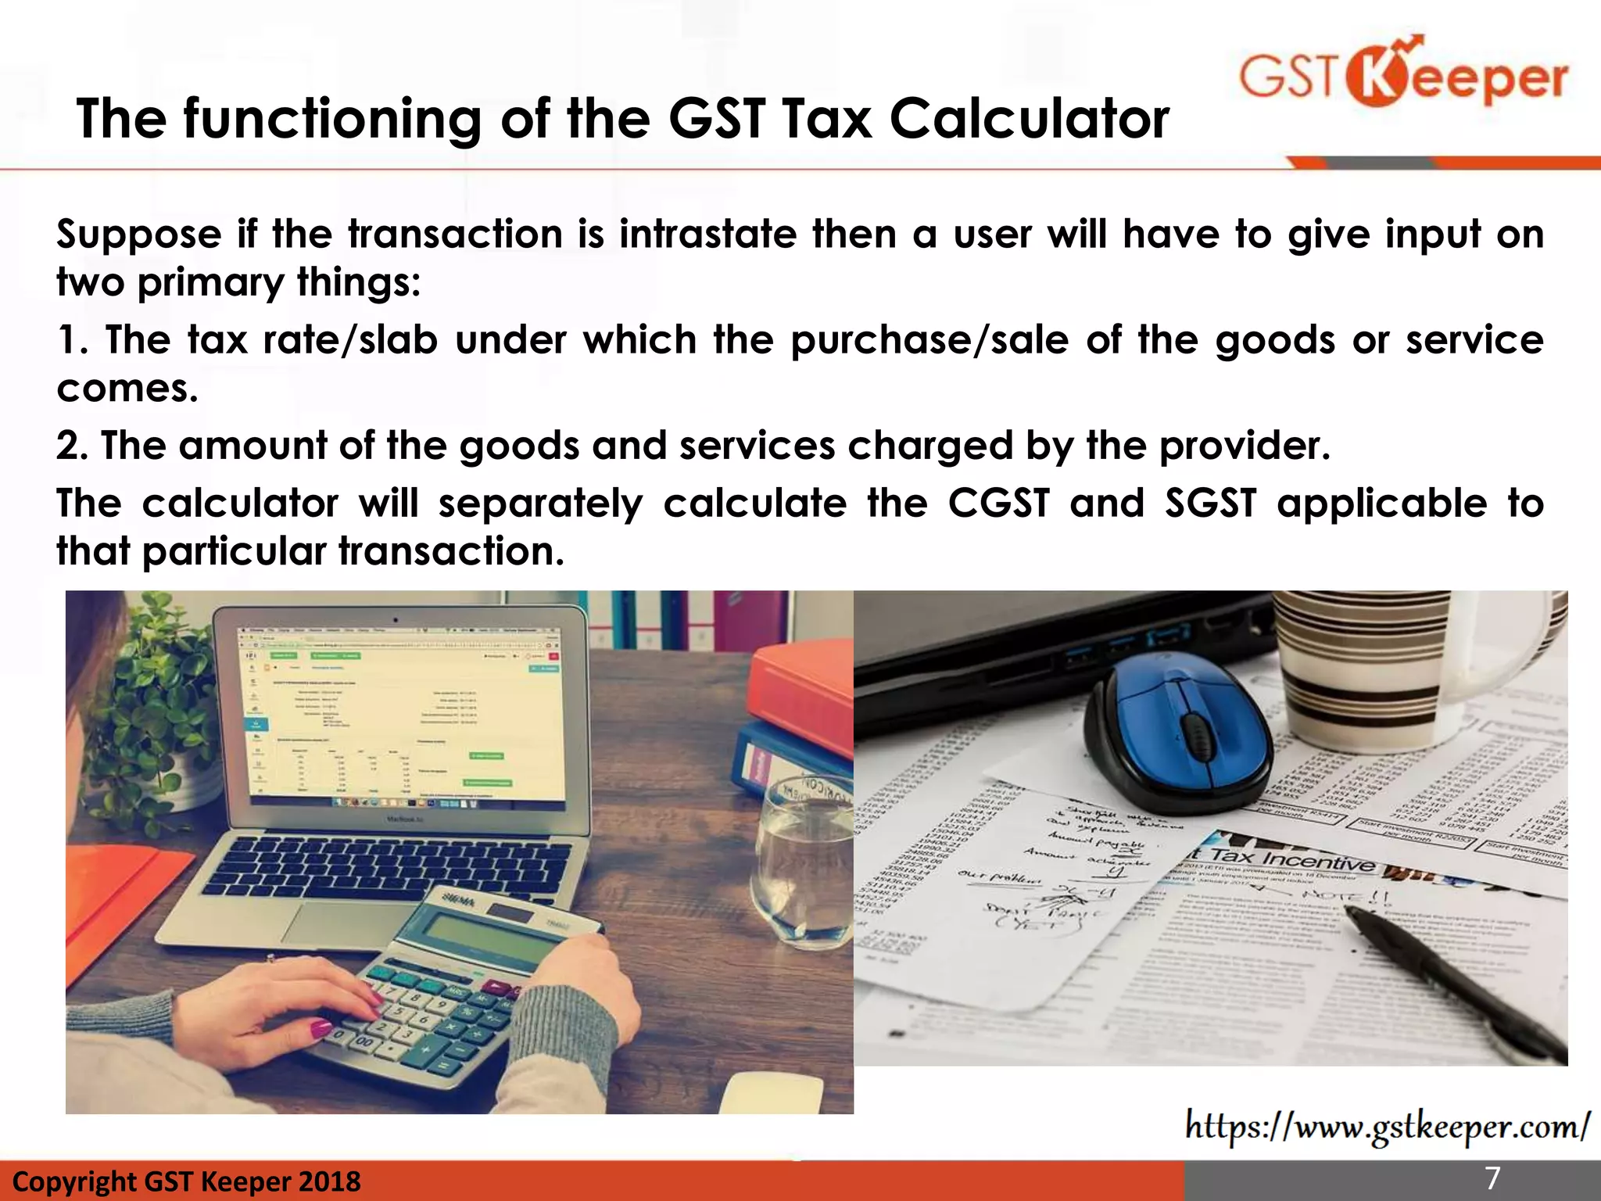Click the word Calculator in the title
pyautogui.click(x=1030, y=119)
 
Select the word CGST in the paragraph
pyautogui.click(x=998, y=503)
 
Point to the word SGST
pyautogui.click(x=1211, y=503)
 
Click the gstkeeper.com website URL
pyautogui.click(x=1386, y=1127)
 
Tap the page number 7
pyautogui.click(x=1493, y=1178)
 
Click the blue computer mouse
pyautogui.click(x=1180, y=731)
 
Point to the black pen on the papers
pyautogui.click(x=1454, y=985)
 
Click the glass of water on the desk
pyautogui.click(x=805, y=860)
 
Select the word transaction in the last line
pyautogui.click(x=451, y=552)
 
